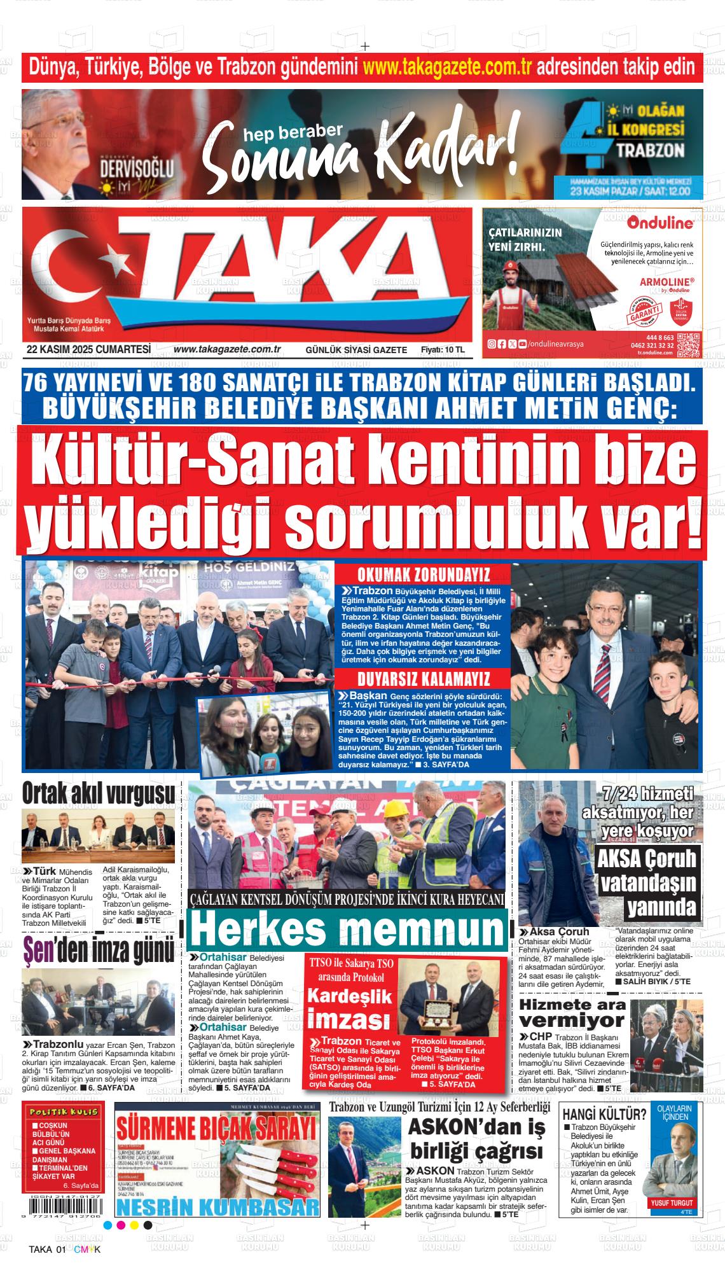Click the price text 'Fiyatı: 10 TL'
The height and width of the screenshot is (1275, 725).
click(443, 350)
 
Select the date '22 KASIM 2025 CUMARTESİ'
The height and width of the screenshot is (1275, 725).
click(88, 349)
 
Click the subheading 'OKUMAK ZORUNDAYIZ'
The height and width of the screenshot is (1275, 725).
click(423, 575)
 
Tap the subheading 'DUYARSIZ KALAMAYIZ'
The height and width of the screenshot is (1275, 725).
click(423, 677)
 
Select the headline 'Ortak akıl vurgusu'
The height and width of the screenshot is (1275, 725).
click(99, 793)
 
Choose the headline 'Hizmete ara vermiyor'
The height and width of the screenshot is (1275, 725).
click(572, 1014)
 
